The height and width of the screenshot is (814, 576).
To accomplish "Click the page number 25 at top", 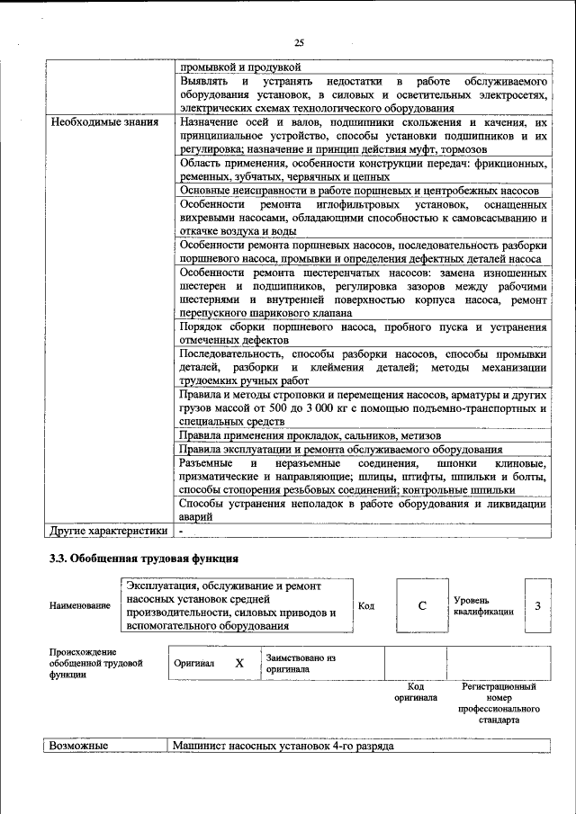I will click(x=299, y=41).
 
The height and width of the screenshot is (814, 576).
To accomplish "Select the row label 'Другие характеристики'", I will click(x=109, y=531).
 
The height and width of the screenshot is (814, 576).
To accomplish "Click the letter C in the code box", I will click(x=421, y=605).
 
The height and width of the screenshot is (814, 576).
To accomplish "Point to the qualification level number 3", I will click(x=537, y=605).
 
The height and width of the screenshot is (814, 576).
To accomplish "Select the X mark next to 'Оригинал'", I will click(x=239, y=663).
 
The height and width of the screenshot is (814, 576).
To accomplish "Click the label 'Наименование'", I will click(x=80, y=605).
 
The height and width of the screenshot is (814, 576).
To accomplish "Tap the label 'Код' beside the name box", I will click(x=366, y=605).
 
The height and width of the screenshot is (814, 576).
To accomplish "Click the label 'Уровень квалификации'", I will click(x=484, y=605).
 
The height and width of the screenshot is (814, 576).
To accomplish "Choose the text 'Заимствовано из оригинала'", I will click(x=301, y=663).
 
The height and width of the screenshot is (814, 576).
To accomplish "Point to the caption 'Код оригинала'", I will click(x=416, y=691).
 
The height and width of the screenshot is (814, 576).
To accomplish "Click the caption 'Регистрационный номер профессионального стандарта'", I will click(x=498, y=702).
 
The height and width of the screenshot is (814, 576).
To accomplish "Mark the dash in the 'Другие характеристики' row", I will click(x=181, y=531).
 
